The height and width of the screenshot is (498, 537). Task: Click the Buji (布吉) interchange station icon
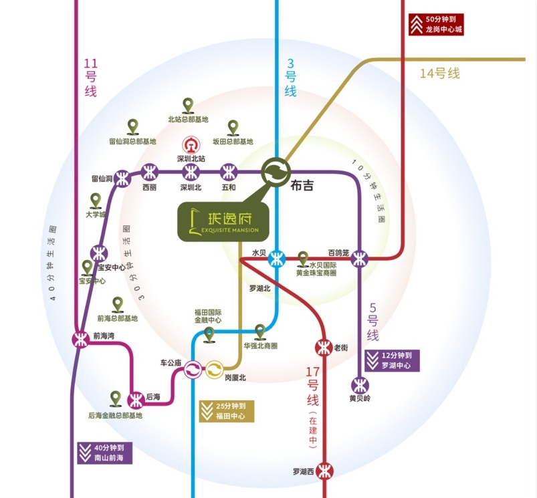(275, 171)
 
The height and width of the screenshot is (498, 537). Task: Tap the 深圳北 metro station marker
(191, 171)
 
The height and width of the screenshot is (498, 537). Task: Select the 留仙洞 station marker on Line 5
(122, 178)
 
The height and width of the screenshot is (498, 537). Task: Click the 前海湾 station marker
(81, 339)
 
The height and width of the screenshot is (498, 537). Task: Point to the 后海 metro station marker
(136, 400)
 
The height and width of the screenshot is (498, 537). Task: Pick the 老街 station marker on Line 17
(323, 347)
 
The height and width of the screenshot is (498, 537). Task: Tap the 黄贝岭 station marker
(360, 385)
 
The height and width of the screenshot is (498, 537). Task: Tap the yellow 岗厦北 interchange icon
(215, 368)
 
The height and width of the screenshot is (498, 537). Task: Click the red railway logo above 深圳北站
(190, 145)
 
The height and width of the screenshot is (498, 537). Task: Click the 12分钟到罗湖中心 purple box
(392, 361)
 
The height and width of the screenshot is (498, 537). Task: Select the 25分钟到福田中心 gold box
(225, 411)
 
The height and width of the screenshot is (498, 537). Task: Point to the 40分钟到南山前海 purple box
(104, 453)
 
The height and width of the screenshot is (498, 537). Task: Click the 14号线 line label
(439, 74)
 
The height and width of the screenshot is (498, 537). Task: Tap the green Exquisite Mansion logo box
(223, 221)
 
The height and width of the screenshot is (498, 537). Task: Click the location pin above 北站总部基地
(188, 105)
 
